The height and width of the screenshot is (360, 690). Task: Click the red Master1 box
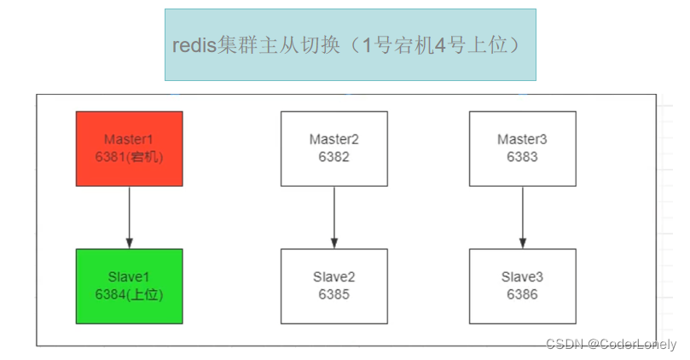click(x=129, y=148)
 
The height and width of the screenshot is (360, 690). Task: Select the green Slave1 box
click(x=129, y=286)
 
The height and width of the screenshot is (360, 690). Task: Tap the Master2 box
click(x=333, y=148)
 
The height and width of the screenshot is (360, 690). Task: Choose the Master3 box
click(x=522, y=148)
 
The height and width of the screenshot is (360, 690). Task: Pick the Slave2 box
click(x=333, y=286)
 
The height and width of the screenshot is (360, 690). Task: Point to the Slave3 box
click(x=522, y=286)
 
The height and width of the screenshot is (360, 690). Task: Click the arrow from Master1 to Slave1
click(x=129, y=217)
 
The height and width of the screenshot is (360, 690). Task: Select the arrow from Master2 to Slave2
click(x=333, y=217)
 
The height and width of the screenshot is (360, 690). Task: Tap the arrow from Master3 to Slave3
click(x=522, y=217)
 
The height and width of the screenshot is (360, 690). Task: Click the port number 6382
click(x=333, y=157)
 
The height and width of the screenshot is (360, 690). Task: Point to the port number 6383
click(x=522, y=157)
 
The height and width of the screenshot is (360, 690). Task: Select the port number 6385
click(x=333, y=294)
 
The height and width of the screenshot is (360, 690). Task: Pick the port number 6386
click(x=522, y=294)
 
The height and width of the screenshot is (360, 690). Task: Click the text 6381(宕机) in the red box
click(x=129, y=157)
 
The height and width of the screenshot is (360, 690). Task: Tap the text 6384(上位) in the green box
click(x=129, y=294)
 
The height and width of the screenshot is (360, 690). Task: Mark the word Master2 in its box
click(x=333, y=139)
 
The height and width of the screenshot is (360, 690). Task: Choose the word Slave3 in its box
click(x=522, y=277)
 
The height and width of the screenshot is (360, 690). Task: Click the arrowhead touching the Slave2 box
click(x=333, y=244)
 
